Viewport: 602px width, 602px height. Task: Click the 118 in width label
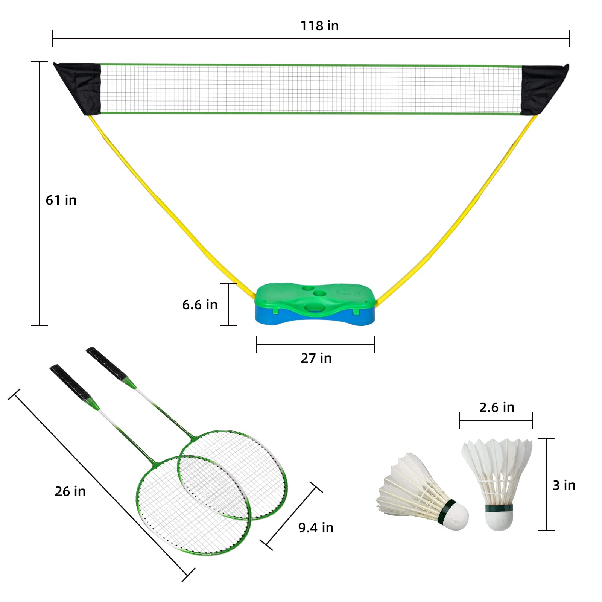(x=319, y=26)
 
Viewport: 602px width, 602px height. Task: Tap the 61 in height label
(x=61, y=200)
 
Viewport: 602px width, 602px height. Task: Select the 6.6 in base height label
(x=200, y=304)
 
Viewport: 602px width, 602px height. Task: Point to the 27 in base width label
(x=316, y=358)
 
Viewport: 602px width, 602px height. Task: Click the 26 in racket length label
(x=70, y=491)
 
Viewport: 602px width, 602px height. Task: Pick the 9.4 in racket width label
(x=316, y=528)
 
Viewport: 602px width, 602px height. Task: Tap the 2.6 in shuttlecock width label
(x=497, y=407)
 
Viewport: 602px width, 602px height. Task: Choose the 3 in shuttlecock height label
(x=564, y=485)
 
